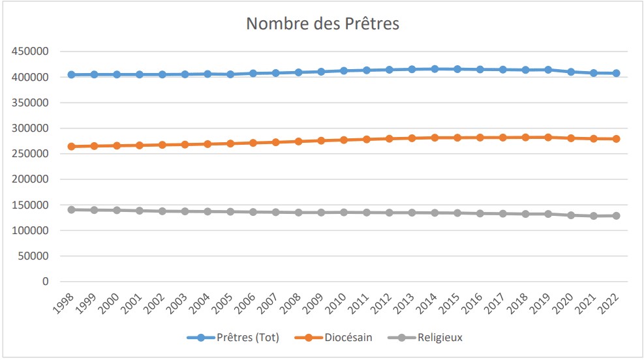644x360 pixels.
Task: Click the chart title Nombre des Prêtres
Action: pos(322,23)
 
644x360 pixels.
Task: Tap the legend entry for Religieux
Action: pos(440,337)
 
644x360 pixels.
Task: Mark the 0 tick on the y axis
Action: pos(45,282)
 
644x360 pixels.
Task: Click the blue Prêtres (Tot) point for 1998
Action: pos(71,75)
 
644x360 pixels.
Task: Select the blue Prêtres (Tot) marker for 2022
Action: pos(616,73)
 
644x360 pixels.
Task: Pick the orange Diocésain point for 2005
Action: pos(230,143)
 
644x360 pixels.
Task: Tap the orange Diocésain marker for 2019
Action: pos(548,137)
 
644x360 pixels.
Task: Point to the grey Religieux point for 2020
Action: pos(571,215)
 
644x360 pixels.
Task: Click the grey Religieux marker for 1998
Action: pos(71,209)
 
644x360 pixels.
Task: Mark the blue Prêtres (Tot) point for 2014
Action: pos(435,68)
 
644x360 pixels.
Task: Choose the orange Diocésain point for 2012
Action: pos(389,139)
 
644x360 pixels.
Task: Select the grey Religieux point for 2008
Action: pos(298,213)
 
